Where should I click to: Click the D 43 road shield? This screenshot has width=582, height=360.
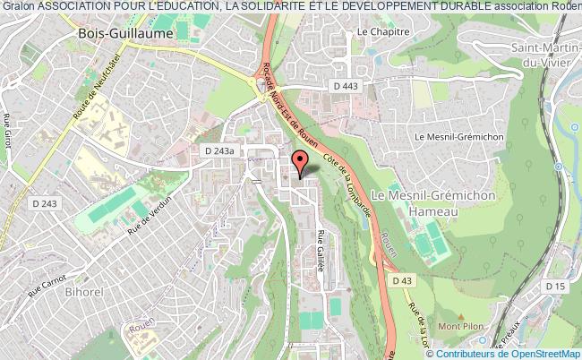tap(402, 280)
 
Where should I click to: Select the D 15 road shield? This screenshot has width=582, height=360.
tap(557, 287)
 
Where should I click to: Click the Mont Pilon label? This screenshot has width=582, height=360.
tap(465, 325)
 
